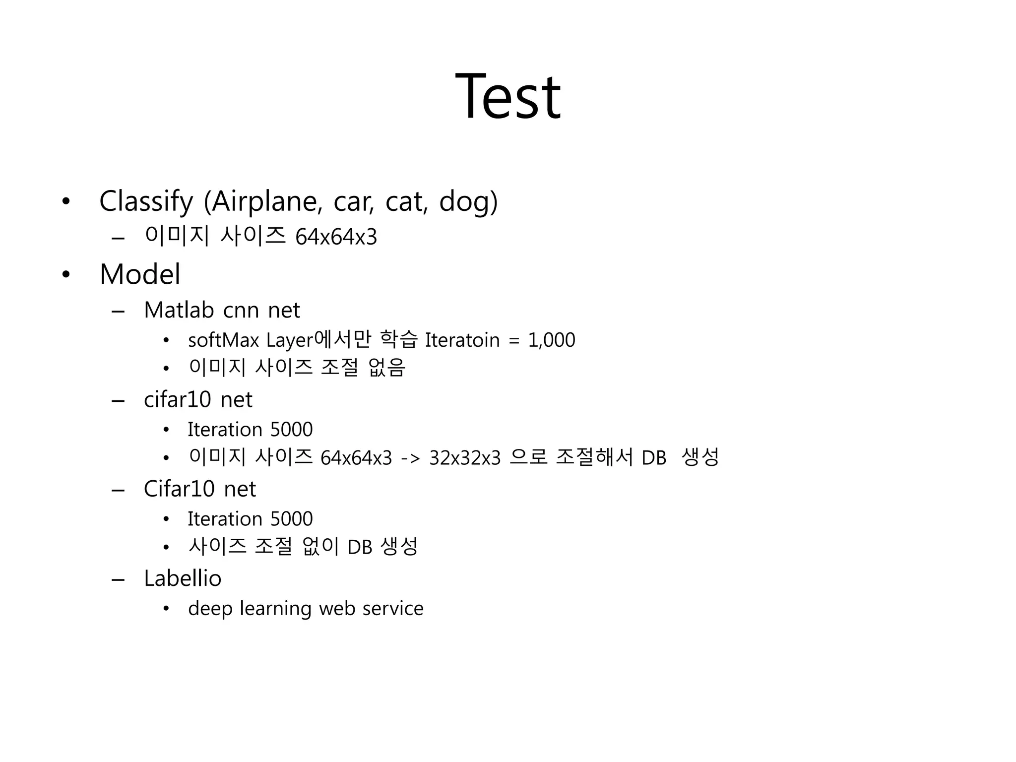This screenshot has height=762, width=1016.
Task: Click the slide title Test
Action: click(x=508, y=96)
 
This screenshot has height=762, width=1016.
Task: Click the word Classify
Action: click(x=146, y=201)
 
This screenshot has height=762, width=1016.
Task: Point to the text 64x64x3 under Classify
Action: click(x=336, y=237)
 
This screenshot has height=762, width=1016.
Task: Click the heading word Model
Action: click(x=140, y=274)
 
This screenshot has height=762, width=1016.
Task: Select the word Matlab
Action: click(x=179, y=311)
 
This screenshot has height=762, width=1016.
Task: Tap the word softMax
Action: click(x=223, y=340)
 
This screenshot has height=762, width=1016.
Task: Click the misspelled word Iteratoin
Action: click(x=462, y=340)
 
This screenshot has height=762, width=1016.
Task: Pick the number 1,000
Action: click(x=551, y=340)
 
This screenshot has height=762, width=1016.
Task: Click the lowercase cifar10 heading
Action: click(x=177, y=400)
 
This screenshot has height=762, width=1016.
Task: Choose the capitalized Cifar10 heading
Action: click(x=179, y=489)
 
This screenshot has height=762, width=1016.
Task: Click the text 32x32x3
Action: click(x=465, y=458)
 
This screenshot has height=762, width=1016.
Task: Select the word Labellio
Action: click(x=183, y=578)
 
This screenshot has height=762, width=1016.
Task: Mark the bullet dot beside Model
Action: click(x=66, y=275)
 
